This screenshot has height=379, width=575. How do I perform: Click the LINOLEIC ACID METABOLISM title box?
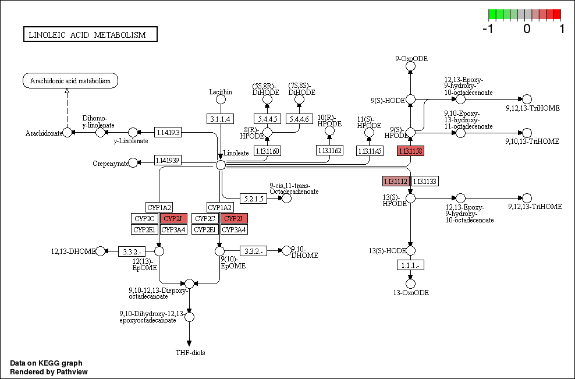(x=90, y=35)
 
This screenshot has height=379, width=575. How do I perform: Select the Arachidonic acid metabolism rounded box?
(x=70, y=81)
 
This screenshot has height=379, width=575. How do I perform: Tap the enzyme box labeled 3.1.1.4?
(x=221, y=119)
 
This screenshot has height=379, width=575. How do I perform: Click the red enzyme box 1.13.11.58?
(x=410, y=151)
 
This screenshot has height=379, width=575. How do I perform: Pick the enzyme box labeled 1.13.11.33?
(x=425, y=181)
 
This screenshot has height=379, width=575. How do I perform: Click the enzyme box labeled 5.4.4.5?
(x=267, y=119)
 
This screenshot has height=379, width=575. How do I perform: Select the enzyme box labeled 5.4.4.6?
(x=300, y=119)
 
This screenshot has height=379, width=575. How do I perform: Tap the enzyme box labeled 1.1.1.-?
(x=410, y=265)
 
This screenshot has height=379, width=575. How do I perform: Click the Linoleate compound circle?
(x=221, y=165)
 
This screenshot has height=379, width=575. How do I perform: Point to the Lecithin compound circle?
(x=221, y=100)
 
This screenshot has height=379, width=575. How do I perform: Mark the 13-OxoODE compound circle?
(x=410, y=284)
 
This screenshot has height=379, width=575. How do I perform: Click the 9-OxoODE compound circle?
(x=410, y=66)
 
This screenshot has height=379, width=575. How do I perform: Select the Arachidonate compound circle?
(x=68, y=133)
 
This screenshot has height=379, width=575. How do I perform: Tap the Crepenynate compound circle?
(x=133, y=163)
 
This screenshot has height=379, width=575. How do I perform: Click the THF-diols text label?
(x=190, y=353)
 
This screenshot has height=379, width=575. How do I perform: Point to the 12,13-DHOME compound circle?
(x=100, y=251)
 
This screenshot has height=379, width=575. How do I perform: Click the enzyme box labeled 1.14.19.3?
(x=168, y=133)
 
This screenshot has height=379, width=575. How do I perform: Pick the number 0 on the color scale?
(x=527, y=28)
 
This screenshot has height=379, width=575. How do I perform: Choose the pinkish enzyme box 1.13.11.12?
(x=395, y=181)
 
